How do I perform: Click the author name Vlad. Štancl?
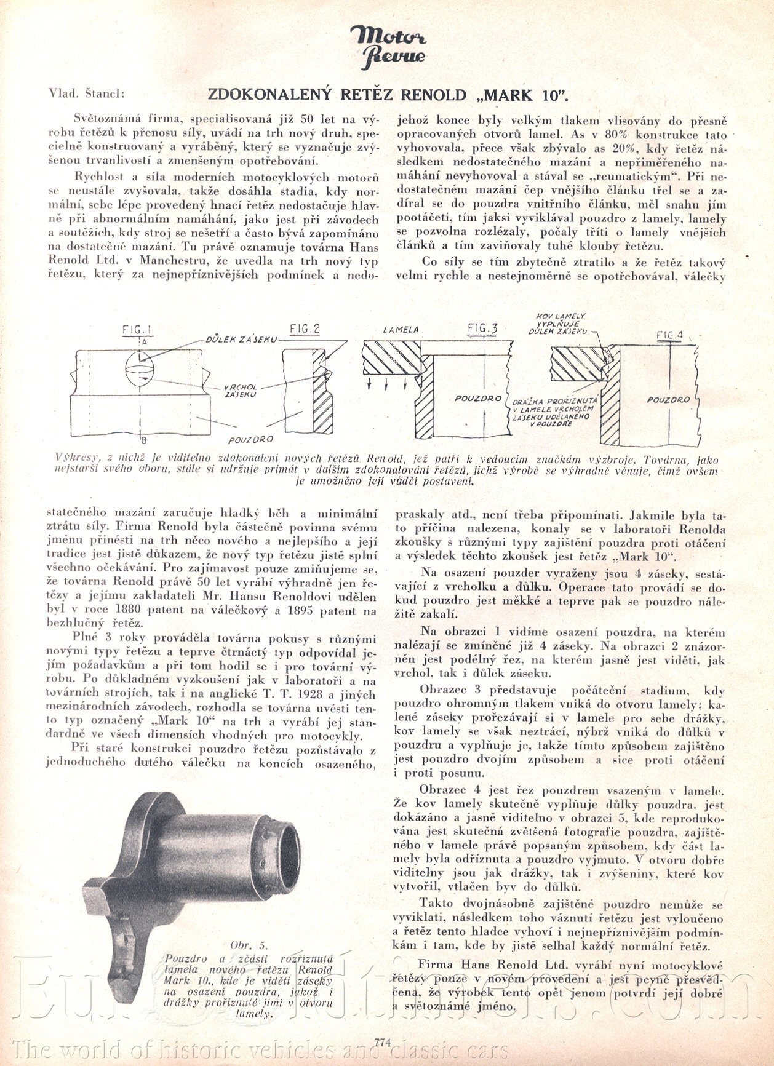click(x=86, y=94)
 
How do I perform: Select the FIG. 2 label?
click(x=305, y=329)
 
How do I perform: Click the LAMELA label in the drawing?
click(x=401, y=330)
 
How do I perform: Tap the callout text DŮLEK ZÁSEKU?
click(x=241, y=339)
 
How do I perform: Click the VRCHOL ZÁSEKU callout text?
click(x=241, y=390)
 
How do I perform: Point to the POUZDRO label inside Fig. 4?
click(x=668, y=400)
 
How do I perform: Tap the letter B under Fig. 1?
click(x=143, y=440)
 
